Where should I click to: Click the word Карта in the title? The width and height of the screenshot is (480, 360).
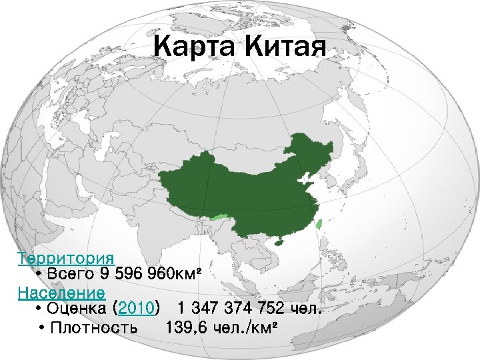tap(194, 47)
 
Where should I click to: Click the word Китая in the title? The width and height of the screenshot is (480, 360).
tap(285, 47)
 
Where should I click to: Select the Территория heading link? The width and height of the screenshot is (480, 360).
tap(65, 258)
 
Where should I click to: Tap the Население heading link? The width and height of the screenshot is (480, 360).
tap(61, 293)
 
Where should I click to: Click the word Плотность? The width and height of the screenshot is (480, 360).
tap(95, 327)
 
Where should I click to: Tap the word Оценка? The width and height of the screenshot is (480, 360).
tap(78, 309)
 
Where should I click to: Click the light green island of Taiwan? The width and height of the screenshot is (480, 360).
tap(319, 225)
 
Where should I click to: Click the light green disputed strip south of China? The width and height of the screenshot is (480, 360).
tap(219, 217)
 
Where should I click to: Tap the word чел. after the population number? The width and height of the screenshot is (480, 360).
tap(307, 309)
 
